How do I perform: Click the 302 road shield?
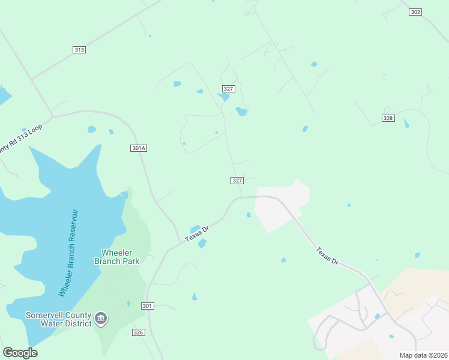(x=416, y=12)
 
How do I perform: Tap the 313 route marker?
(x=79, y=50)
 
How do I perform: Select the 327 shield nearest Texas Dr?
(x=237, y=181)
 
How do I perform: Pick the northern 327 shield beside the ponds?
(x=228, y=88)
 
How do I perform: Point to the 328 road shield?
(x=388, y=118)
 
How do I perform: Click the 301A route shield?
(x=139, y=148)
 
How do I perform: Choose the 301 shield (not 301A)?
(x=148, y=306)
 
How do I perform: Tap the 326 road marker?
(x=139, y=332)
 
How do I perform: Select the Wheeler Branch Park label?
(x=117, y=257)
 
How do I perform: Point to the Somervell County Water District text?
(x=58, y=319)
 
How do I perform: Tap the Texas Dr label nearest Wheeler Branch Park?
(x=196, y=234)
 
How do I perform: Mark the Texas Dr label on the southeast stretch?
(x=328, y=254)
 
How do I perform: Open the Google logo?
(x=20, y=353)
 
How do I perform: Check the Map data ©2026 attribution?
(x=423, y=355)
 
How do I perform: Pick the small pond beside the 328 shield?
(x=406, y=123)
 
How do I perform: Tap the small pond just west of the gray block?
(x=249, y=215)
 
